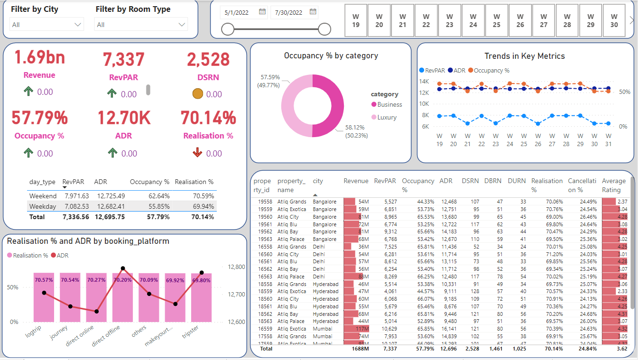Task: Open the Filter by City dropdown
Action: pos(46,25)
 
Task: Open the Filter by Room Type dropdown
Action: pos(141,25)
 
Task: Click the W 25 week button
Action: pos(497,20)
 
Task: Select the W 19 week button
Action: pos(356,20)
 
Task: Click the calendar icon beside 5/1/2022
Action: pos(262,12)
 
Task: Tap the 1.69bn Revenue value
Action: pos(39,57)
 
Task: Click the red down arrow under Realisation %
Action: pos(198,153)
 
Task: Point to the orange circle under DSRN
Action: pos(198,94)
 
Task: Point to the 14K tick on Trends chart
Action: pos(424,81)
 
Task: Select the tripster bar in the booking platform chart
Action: pos(202,296)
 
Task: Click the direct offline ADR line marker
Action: pos(123,268)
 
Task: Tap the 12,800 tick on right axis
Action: pos(236,267)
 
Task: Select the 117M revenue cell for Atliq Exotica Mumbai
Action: pos(356,329)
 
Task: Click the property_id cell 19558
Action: pos(264,202)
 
